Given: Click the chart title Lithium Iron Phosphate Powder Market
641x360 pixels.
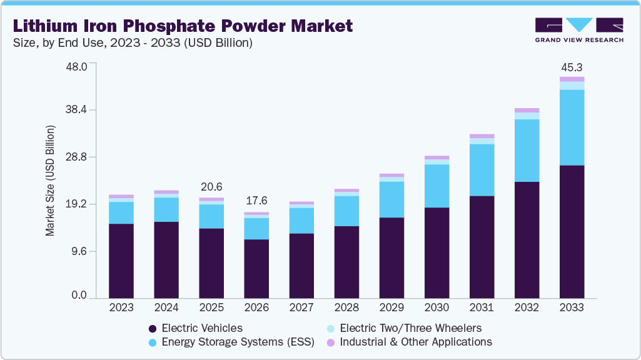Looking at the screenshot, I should click(183, 26).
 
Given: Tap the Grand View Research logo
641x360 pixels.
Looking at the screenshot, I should click(578, 29).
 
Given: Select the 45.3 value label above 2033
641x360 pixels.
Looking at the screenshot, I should click(572, 67).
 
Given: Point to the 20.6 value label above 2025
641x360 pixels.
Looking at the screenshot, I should click(211, 187).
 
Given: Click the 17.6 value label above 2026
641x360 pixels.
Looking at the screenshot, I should click(256, 201).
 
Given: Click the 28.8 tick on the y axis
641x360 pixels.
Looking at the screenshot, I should click(78, 157).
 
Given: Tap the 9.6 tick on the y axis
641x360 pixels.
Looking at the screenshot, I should click(81, 251).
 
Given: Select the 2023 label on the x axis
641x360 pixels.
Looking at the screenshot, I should click(121, 308).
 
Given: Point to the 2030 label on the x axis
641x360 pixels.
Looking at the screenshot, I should click(437, 308).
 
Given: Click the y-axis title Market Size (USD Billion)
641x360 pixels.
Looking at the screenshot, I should click(50, 181).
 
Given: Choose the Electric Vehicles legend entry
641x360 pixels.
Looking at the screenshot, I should click(201, 328).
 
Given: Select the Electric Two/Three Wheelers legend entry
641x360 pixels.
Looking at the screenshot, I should click(410, 328).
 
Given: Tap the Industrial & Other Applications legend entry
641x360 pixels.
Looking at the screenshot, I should click(416, 342).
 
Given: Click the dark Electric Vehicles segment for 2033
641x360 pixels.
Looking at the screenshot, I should click(572, 231).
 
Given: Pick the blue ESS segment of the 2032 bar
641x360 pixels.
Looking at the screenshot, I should click(527, 150).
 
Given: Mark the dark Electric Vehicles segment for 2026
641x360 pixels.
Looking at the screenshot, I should click(256, 269).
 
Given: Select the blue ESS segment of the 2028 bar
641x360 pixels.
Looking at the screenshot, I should click(346, 211).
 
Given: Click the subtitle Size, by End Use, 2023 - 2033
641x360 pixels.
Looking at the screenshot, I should click(131, 42).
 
